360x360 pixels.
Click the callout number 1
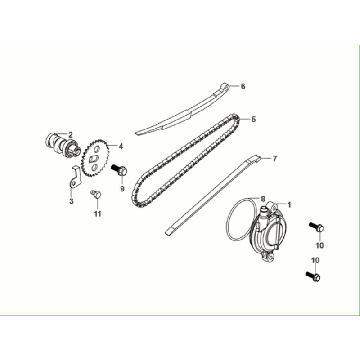pos(291,204)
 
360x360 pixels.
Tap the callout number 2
pos(70,134)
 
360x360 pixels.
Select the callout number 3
pos(71,201)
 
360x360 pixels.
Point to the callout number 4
pos(121,146)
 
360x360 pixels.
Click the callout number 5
pos(253,120)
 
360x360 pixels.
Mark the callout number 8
pos(262,198)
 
